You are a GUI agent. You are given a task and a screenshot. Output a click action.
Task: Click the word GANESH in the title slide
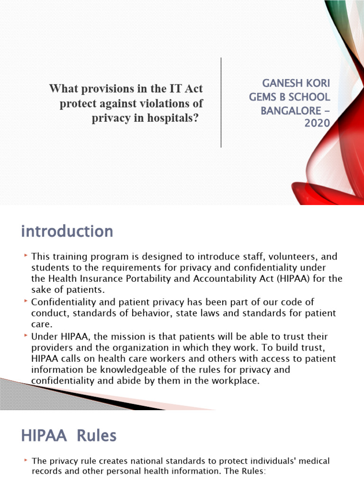click(282, 83)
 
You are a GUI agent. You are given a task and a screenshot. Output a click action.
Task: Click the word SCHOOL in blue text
click(308, 97)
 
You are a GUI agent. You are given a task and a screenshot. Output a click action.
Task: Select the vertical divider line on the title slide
click(221, 102)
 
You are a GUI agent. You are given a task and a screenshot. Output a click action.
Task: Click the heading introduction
click(67, 232)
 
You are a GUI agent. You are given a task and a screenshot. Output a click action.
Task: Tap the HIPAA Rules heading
click(69, 435)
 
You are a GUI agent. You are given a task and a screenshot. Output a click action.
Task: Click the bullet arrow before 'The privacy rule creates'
click(26, 460)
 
